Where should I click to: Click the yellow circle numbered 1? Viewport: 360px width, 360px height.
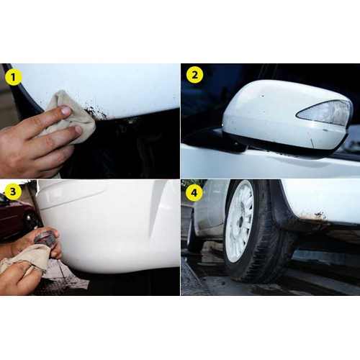coord(14,76)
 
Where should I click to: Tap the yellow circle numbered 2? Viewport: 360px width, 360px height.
coord(194,75)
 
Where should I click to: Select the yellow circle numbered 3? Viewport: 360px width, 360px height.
coord(13,192)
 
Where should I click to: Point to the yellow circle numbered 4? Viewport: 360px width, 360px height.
coord(194,192)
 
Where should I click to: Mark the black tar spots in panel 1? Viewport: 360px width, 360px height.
coord(96,112)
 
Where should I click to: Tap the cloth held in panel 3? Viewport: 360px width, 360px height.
coord(25,258)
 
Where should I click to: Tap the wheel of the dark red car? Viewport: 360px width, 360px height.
coord(30,220)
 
